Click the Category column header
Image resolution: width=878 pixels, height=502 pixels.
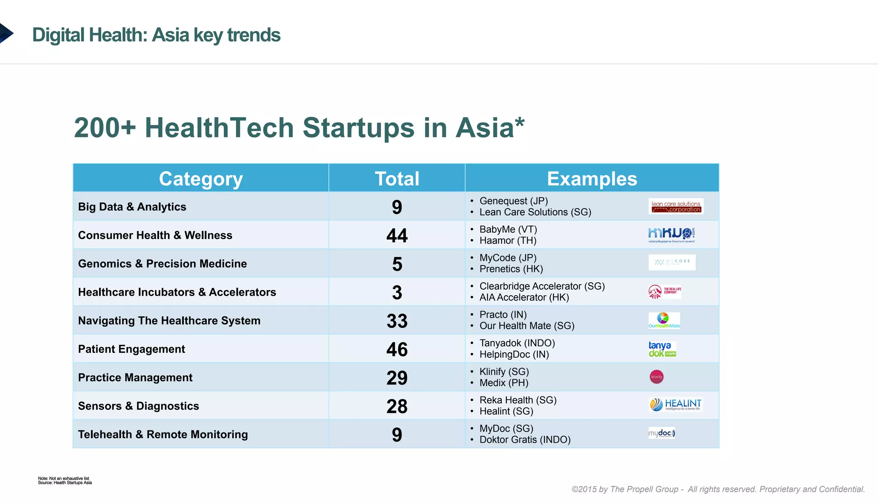click(201, 178)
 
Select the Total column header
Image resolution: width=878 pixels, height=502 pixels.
click(397, 178)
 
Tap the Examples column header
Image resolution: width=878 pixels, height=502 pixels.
click(592, 178)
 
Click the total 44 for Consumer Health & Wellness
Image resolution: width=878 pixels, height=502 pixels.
click(397, 235)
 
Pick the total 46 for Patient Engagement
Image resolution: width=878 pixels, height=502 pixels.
click(397, 349)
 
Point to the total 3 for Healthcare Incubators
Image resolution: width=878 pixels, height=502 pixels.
click(397, 292)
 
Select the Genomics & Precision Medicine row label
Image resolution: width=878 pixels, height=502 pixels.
click(162, 263)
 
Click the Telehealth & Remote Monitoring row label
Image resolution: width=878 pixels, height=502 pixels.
click(162, 434)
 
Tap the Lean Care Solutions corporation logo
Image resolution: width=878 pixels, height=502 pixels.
click(676, 206)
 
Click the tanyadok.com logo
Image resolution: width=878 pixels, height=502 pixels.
click(662, 349)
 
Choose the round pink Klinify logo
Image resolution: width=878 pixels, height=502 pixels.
click(656, 377)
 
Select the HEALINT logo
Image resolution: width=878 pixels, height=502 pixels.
click(675, 404)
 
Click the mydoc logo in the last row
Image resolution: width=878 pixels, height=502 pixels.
click(662, 433)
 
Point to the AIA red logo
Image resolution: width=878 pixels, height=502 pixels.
click(655, 292)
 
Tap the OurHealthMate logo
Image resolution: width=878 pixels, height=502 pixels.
click(664, 321)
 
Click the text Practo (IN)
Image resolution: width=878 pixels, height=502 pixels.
click(503, 315)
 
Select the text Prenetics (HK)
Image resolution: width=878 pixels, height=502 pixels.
click(511, 269)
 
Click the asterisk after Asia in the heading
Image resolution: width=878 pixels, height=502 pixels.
click(520, 122)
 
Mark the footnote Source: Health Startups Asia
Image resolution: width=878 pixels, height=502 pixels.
click(65, 483)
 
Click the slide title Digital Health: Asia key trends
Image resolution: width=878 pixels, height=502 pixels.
click(156, 35)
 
